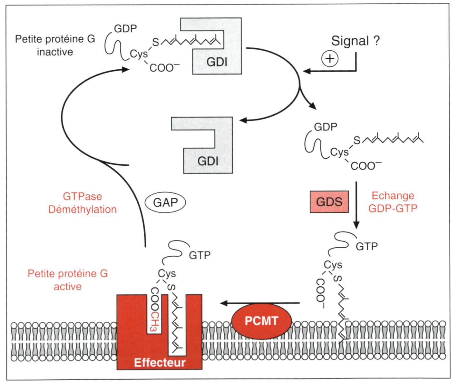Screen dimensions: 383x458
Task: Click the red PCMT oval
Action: coord(261,321)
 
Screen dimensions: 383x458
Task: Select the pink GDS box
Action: coord(329,202)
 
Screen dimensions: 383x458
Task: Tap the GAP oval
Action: coord(165,203)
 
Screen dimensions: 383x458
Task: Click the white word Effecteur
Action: coord(160,362)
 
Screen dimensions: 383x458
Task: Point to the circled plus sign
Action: coord(330,59)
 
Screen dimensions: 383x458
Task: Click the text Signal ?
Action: coord(356,41)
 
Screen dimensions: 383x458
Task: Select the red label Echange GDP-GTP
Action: coord(393,202)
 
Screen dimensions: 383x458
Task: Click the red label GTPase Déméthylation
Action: coord(82,203)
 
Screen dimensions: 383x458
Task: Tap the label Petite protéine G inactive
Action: coord(55,45)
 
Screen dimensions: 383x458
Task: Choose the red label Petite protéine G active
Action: coord(68,280)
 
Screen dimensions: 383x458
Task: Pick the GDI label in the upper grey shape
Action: coord(217,62)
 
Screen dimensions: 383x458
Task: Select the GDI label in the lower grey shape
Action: coord(208,161)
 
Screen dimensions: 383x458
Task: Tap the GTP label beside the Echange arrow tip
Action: coord(366,247)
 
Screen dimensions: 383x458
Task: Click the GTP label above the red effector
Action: coord(200,255)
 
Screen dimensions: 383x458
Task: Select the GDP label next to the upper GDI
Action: coord(125,29)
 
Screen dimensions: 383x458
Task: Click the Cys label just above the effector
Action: coord(167,273)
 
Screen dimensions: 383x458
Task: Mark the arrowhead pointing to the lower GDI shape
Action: coord(243,120)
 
